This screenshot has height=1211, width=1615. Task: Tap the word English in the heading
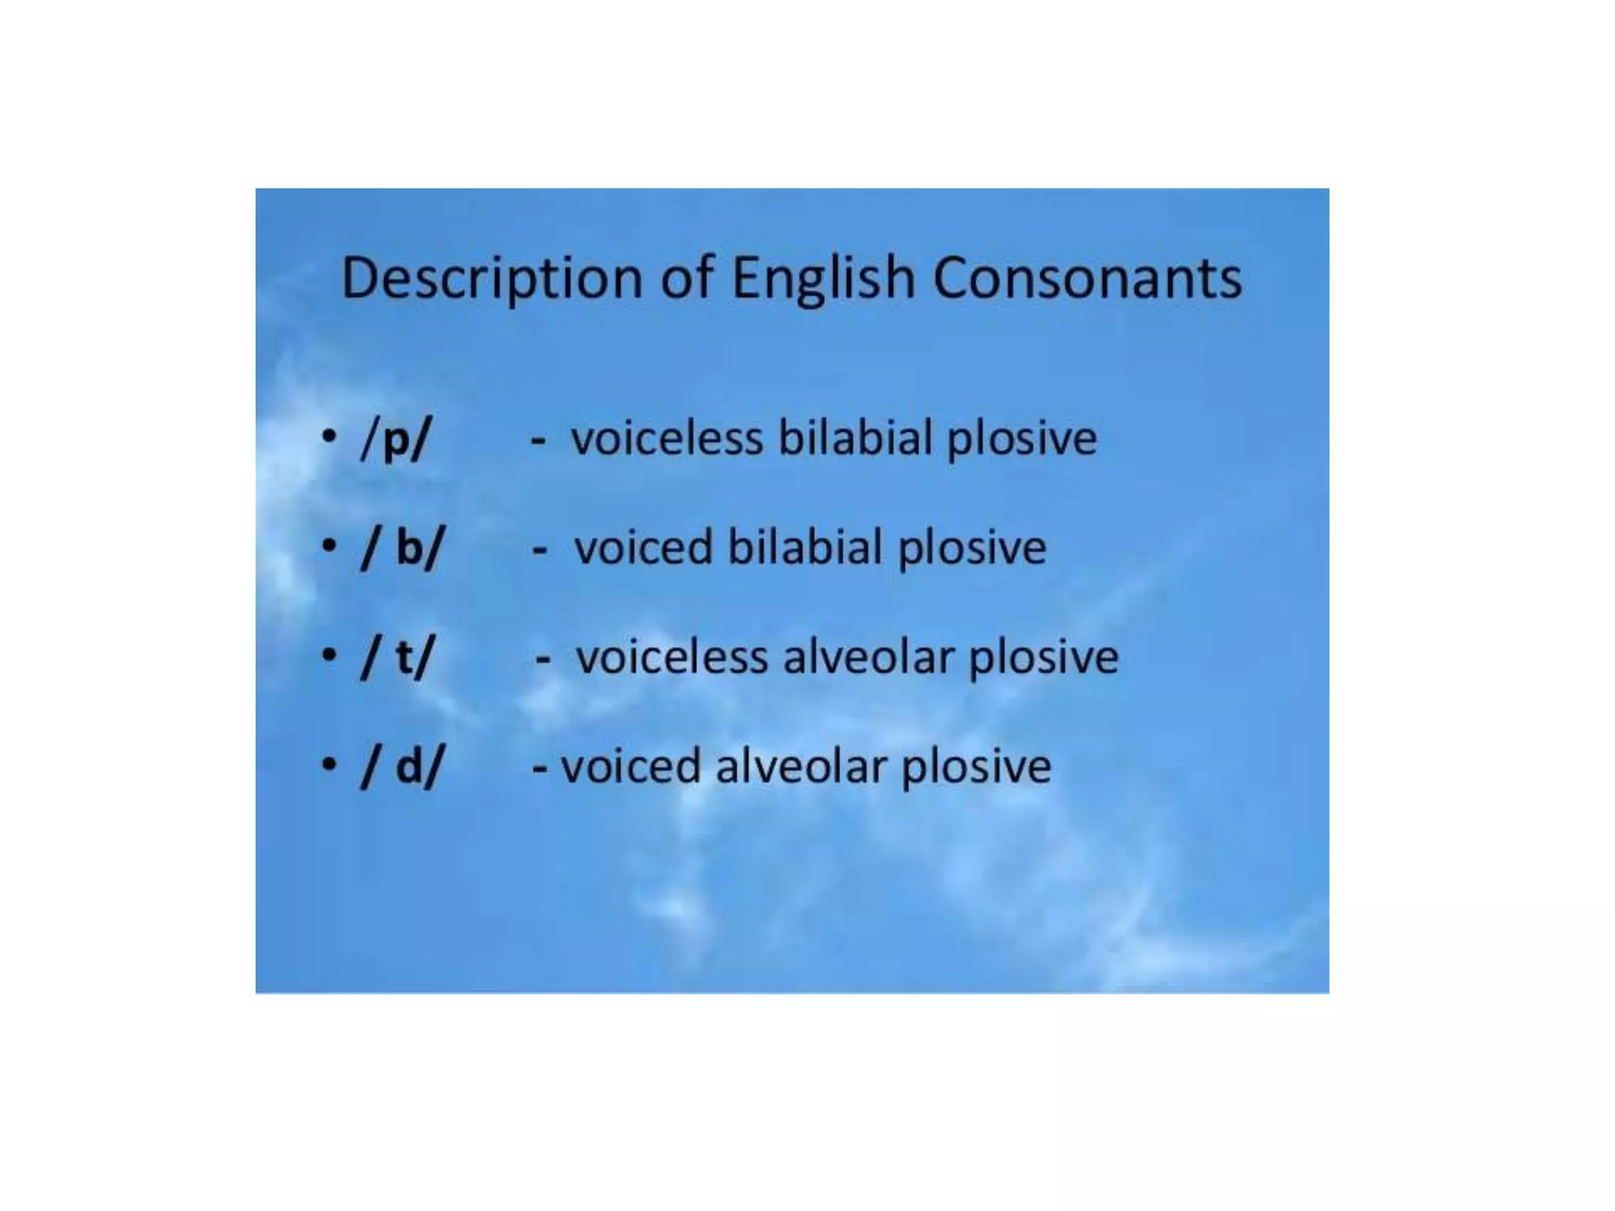coord(823,278)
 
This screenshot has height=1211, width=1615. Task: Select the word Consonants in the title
coord(1087,278)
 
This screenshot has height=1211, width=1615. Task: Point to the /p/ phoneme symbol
coord(396,439)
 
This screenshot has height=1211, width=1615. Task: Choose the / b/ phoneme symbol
coord(402,546)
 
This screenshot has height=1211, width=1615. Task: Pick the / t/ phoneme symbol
coord(397,657)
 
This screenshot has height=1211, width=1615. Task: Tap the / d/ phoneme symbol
coord(402,766)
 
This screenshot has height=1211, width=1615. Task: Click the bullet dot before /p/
coord(330,436)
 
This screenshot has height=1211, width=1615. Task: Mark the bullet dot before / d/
coord(330,763)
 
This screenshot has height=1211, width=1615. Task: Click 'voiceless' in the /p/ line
coord(667,438)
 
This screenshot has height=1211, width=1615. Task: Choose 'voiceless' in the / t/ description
coord(672,658)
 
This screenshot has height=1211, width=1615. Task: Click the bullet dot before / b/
coord(330,545)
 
